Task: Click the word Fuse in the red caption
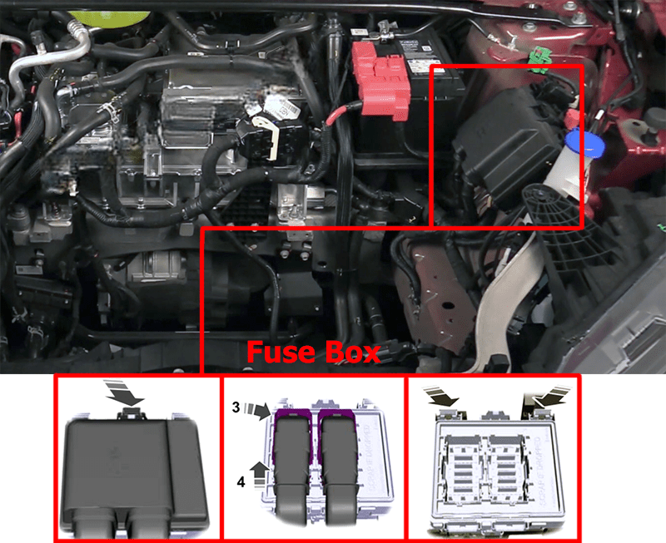click(281, 353)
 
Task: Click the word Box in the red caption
click(352, 353)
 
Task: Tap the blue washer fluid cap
click(585, 144)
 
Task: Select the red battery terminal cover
click(380, 79)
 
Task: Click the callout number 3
click(236, 407)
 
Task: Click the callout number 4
click(241, 482)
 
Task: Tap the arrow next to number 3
click(258, 410)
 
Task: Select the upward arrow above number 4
click(260, 473)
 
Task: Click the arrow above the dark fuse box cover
click(124, 392)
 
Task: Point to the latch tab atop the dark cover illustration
click(131, 413)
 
